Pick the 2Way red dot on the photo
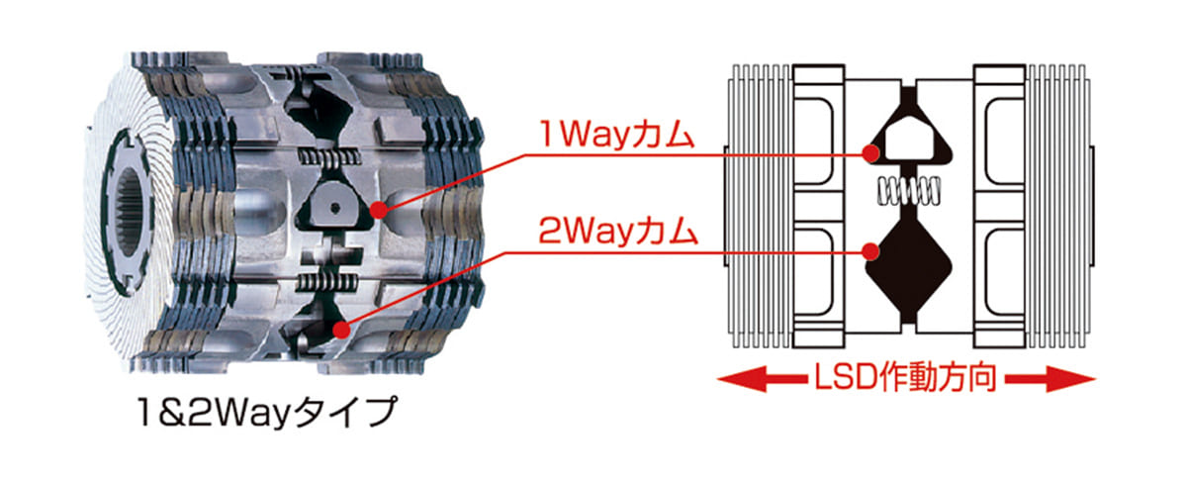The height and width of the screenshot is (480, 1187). click(x=341, y=332)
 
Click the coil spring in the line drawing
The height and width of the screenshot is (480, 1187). click(x=908, y=187)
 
